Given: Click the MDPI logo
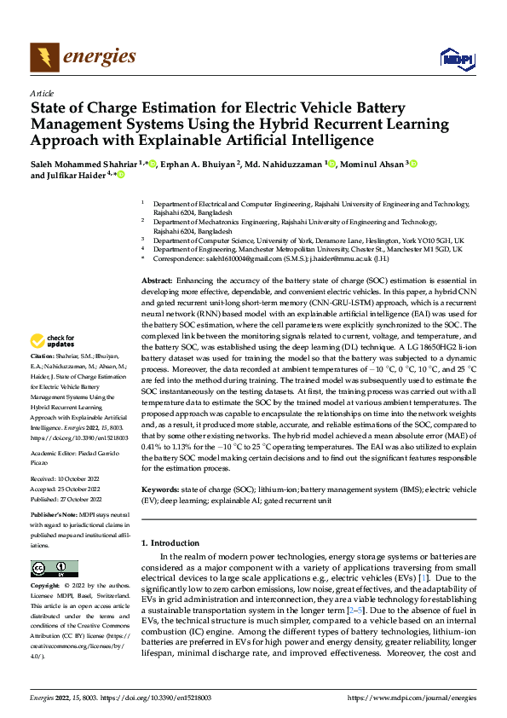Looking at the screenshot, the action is [x=457, y=57].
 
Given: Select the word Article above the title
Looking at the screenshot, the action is [x=42, y=93].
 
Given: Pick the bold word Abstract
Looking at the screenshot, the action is [x=157, y=280].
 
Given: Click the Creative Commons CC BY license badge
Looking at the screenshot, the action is [x=55, y=569].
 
